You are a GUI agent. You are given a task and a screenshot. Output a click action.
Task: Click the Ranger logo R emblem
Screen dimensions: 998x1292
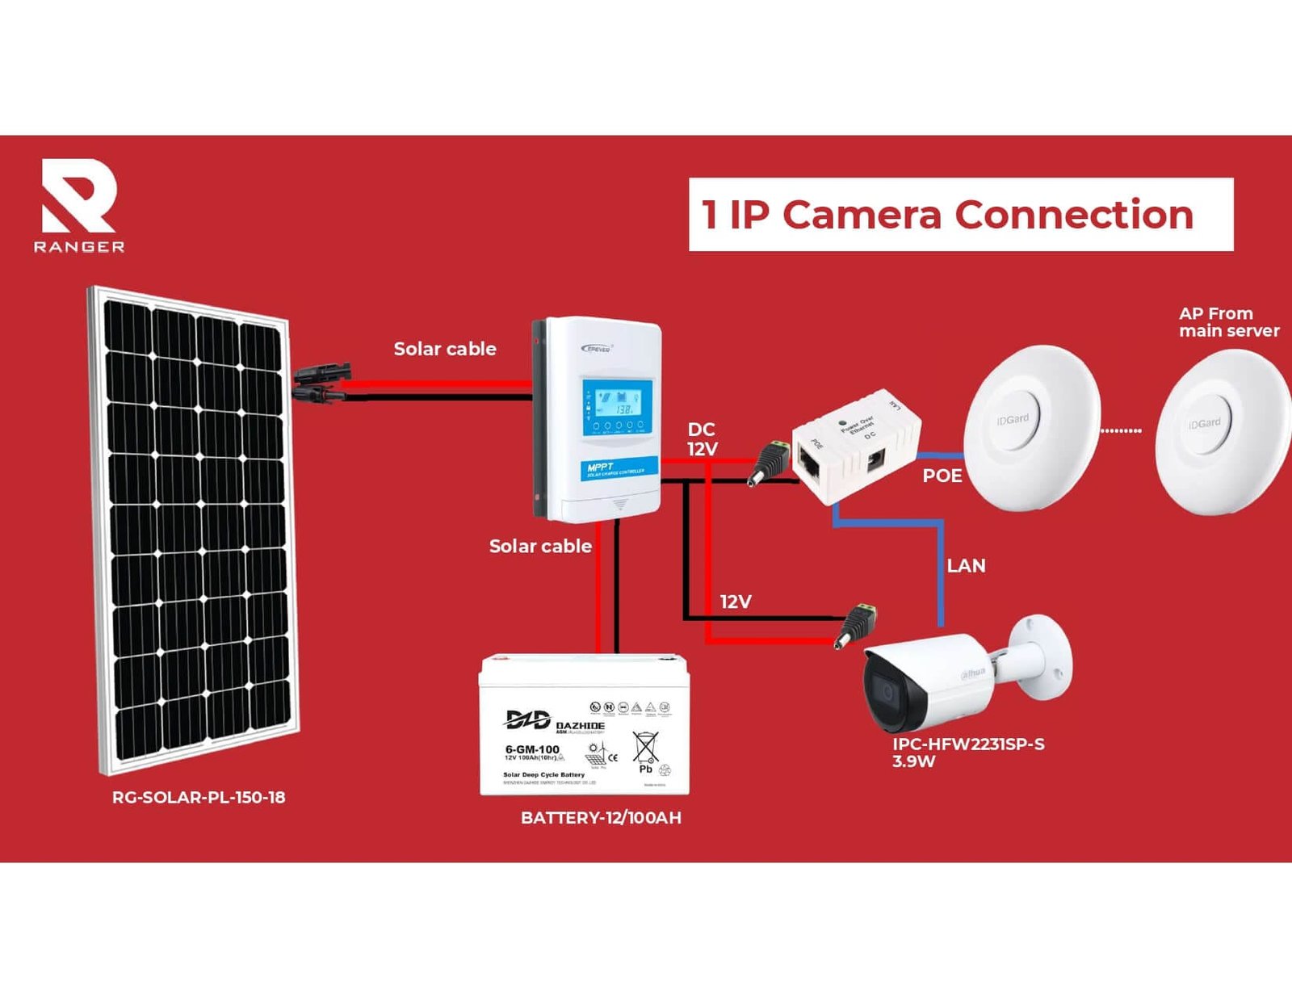(x=78, y=196)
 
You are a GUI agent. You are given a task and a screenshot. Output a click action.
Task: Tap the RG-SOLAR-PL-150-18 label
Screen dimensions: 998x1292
(x=199, y=798)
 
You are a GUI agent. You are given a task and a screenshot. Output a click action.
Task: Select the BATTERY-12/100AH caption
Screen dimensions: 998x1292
(x=601, y=818)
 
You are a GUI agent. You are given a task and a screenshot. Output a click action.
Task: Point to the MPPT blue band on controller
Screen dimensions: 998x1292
(x=619, y=469)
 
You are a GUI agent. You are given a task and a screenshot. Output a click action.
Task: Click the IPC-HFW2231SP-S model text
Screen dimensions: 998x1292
(x=968, y=744)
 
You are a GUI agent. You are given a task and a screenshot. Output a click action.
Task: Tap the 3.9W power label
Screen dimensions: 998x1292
(x=913, y=761)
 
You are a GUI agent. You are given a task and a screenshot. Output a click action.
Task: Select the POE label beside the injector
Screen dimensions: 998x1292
(x=942, y=476)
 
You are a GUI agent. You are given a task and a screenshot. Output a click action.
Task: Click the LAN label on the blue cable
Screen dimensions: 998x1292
(x=966, y=566)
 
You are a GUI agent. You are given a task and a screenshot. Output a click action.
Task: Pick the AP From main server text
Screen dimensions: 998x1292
(x=1228, y=322)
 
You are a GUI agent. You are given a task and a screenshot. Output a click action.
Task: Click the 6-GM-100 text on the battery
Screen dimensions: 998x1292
(x=532, y=749)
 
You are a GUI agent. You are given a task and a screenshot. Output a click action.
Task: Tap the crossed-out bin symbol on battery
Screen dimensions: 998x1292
(x=645, y=748)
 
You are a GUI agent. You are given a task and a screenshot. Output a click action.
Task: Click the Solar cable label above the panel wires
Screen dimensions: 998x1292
(x=445, y=349)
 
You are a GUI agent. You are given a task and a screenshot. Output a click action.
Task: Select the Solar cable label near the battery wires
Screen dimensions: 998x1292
(x=540, y=547)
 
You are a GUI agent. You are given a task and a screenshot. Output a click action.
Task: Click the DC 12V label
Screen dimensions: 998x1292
(x=702, y=439)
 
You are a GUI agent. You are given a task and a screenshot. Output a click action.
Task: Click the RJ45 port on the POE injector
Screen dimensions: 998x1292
(x=809, y=463)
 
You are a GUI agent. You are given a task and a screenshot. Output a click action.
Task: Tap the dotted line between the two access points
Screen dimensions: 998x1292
(x=1121, y=431)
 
